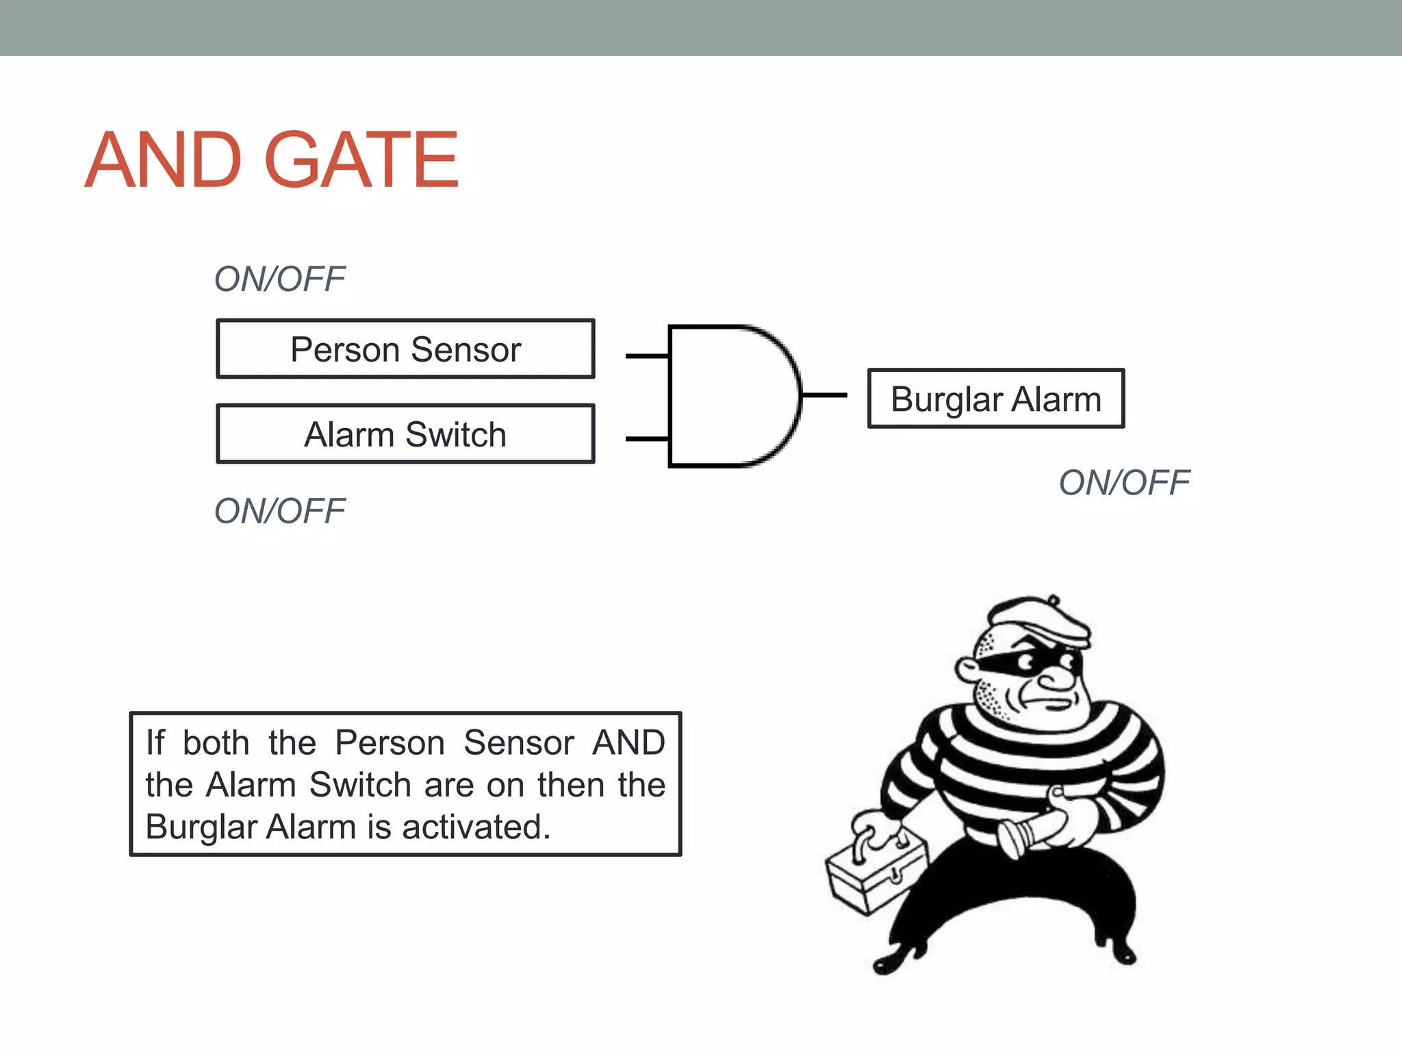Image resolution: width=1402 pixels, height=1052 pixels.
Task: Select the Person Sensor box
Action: pyautogui.click(x=405, y=349)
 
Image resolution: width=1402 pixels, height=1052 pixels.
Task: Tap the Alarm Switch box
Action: pyautogui.click(x=405, y=434)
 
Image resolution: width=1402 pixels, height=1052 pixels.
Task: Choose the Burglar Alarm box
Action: pyautogui.click(x=995, y=399)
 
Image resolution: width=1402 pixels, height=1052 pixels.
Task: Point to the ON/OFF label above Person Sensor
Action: pyautogui.click(x=279, y=279)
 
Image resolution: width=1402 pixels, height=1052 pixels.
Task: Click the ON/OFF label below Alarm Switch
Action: pyautogui.click(x=279, y=511)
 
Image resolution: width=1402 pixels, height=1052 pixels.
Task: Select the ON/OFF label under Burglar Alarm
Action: pyautogui.click(x=1124, y=482)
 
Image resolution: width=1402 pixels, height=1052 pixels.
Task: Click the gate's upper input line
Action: pyautogui.click(x=647, y=356)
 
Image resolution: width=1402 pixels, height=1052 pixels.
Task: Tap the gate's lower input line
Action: pyautogui.click(x=647, y=438)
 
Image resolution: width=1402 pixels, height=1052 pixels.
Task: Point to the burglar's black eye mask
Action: pyautogui.click(x=1027, y=660)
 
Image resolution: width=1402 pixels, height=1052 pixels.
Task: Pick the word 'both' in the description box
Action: pyautogui.click(x=216, y=742)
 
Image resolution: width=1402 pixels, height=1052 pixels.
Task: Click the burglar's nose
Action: pyautogui.click(x=1058, y=678)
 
